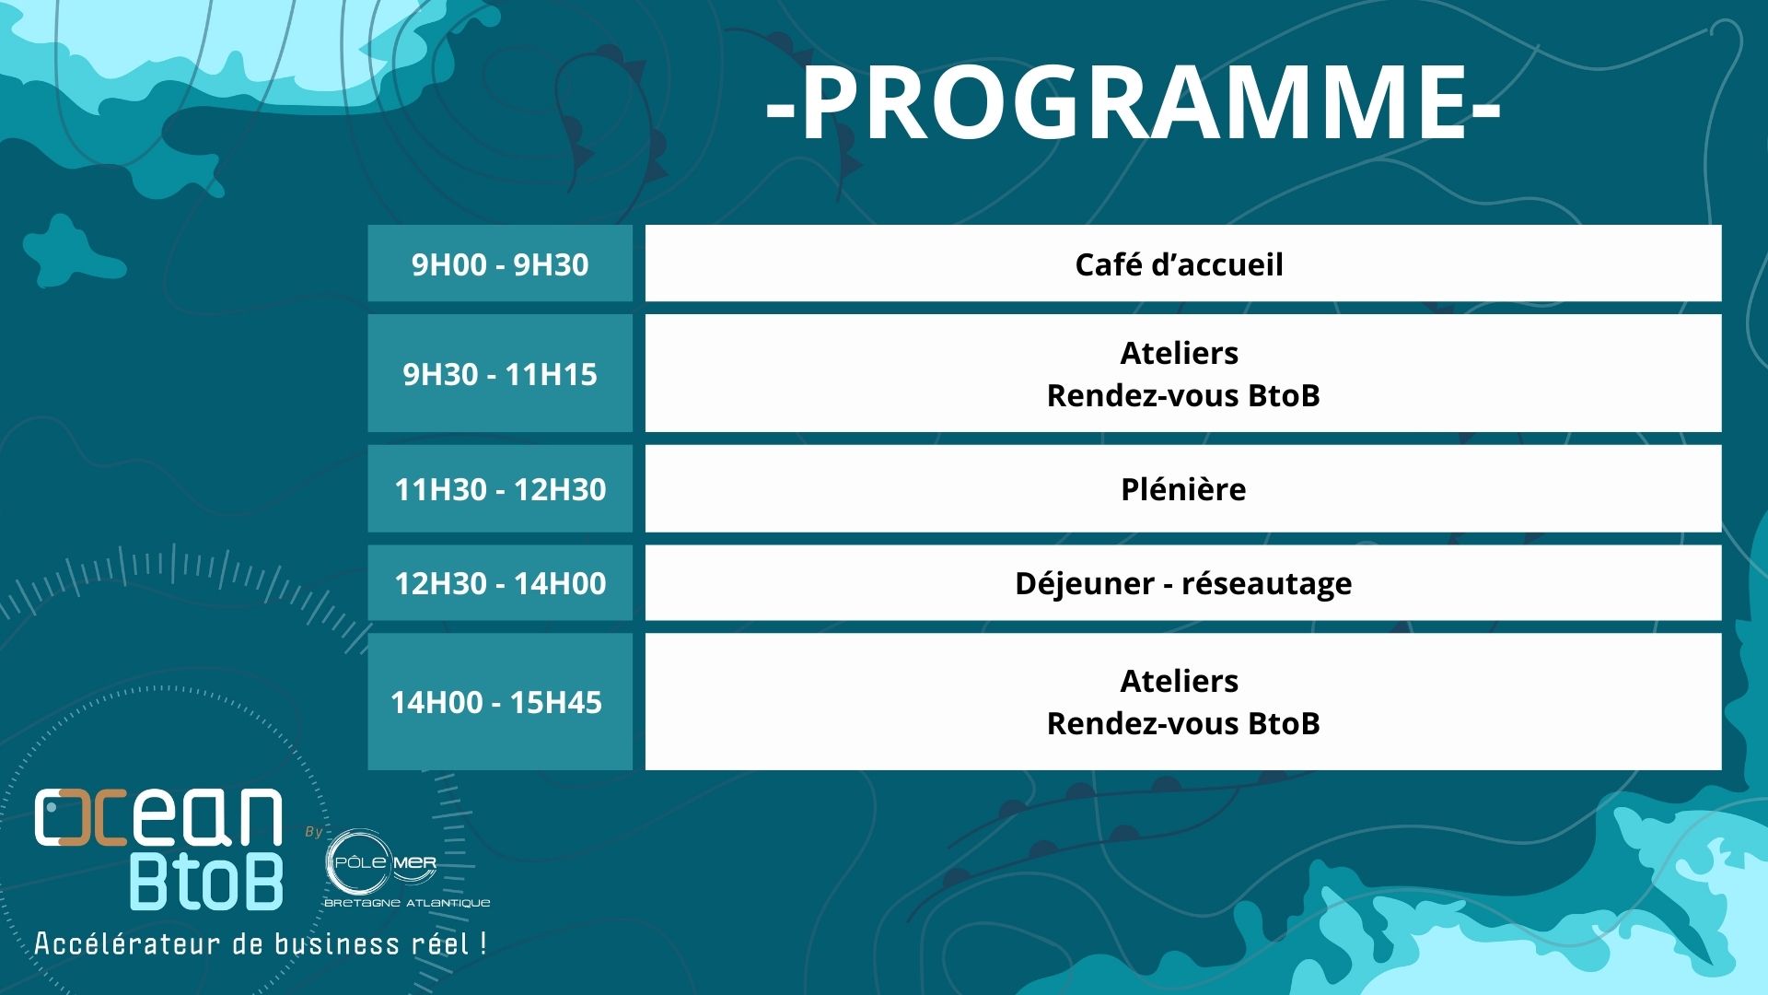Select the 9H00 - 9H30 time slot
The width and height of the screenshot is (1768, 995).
(500, 264)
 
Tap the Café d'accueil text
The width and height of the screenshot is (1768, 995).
(1179, 264)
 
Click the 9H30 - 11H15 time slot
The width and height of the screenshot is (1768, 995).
(500, 374)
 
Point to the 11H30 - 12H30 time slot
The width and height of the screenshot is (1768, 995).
(500, 489)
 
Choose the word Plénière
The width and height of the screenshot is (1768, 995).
(1183, 489)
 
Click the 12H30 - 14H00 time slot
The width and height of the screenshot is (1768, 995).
(500, 583)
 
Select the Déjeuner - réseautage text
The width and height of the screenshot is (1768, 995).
(1183, 584)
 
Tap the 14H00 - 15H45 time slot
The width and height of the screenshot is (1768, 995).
(496, 702)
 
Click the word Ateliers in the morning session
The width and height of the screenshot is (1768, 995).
(1180, 353)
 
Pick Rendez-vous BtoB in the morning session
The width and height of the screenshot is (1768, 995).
(1183, 395)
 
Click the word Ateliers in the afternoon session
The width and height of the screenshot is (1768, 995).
(1180, 681)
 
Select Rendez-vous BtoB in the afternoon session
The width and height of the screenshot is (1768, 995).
(1183, 723)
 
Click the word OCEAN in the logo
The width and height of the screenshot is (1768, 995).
(158, 817)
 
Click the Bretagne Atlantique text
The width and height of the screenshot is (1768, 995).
(407, 903)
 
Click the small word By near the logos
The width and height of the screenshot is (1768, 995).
(314, 832)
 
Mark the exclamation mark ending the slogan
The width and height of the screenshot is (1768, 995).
(483, 943)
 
